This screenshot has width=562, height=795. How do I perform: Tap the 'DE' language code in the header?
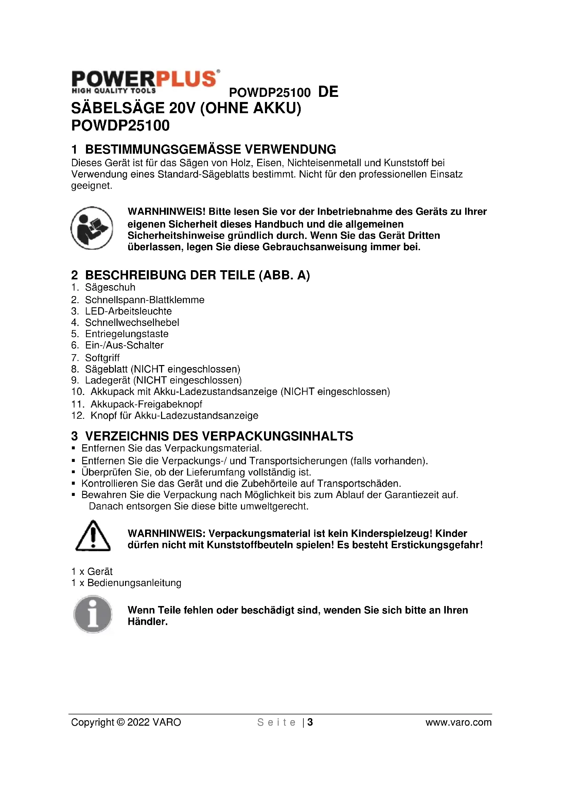tap(328, 92)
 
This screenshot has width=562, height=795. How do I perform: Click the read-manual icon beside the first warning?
tap(92, 228)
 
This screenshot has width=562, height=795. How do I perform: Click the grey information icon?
tap(93, 614)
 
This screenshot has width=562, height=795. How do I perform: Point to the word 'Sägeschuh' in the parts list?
tap(110, 288)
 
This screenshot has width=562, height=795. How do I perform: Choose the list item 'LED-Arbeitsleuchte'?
tap(128, 311)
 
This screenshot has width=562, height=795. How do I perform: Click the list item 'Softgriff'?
tap(102, 358)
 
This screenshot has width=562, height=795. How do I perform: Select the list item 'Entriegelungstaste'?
tap(127, 334)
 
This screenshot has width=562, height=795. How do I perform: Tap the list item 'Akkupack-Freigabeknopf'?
tap(146, 404)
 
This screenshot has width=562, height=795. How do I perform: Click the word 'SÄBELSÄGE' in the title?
tap(117, 108)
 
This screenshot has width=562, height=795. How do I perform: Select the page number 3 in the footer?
tap(310, 722)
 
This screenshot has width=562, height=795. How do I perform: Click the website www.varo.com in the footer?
tap(458, 722)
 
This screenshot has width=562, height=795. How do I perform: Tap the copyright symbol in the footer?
tap(121, 722)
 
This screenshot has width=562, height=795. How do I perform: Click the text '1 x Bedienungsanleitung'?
tap(126, 583)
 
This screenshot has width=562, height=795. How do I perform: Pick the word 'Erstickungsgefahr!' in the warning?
tap(437, 545)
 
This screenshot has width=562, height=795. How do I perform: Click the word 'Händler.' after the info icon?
tap(147, 622)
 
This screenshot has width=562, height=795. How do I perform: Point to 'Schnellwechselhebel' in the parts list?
tap(132, 322)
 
